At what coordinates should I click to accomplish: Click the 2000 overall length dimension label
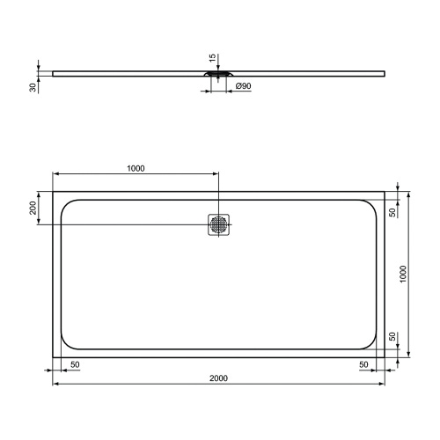click(x=219, y=378)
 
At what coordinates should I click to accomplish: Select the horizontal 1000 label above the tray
click(x=136, y=168)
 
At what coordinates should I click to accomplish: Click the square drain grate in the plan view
click(x=219, y=224)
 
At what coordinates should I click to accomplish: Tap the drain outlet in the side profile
click(x=219, y=77)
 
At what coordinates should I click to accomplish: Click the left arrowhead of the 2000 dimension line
click(x=55, y=385)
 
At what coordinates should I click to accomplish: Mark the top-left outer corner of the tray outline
click(x=53, y=192)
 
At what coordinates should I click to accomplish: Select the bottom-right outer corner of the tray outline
click(x=385, y=356)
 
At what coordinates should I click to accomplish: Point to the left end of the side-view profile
click(x=54, y=73)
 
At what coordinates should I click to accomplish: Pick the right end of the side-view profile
click(x=385, y=73)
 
